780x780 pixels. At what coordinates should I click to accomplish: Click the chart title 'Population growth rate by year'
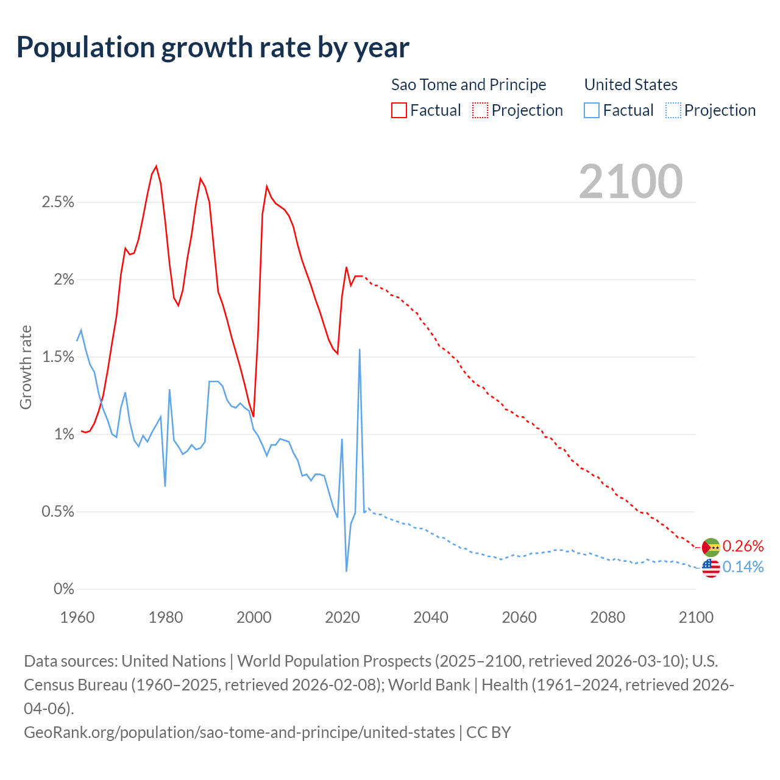click(213, 48)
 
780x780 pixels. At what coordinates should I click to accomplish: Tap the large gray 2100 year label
click(631, 181)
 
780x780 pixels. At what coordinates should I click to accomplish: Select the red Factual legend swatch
click(399, 110)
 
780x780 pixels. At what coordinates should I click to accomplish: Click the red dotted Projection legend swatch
click(480, 110)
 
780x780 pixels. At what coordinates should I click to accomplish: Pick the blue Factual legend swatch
click(592, 110)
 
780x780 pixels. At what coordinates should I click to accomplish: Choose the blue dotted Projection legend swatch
click(673, 110)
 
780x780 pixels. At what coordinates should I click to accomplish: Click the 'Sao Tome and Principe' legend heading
click(468, 85)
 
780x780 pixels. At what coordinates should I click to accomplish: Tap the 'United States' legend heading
click(631, 85)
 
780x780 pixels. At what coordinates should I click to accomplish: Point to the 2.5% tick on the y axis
click(58, 202)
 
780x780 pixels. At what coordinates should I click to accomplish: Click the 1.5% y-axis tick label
click(58, 357)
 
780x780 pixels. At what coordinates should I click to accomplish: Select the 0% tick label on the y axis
click(63, 589)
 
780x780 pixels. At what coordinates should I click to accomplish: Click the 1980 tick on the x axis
click(166, 617)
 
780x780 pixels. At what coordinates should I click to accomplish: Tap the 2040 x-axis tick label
click(431, 617)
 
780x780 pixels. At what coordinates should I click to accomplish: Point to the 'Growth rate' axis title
click(26, 367)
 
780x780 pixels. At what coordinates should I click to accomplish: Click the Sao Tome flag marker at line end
click(711, 547)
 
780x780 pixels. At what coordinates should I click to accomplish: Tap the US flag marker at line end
click(711, 568)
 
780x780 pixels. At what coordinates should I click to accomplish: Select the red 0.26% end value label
click(743, 546)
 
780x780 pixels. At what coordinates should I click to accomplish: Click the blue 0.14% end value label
click(743, 567)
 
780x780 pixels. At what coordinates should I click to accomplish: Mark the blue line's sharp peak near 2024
click(360, 350)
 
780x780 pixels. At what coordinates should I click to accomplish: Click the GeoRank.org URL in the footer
click(239, 732)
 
